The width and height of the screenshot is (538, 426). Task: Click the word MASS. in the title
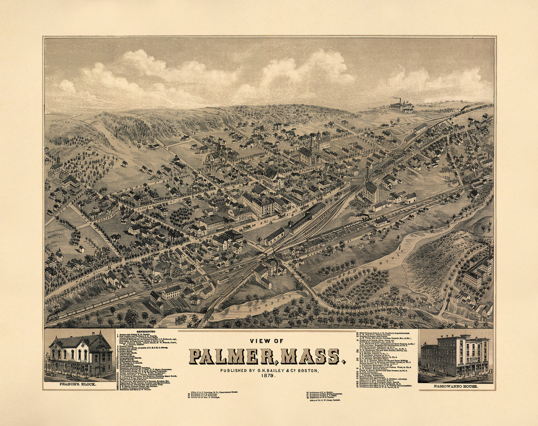[313, 356]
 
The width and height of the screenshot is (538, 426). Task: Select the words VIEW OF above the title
[267, 341]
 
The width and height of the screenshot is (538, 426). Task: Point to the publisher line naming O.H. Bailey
[267, 370]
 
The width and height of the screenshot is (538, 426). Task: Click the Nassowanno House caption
[456, 386]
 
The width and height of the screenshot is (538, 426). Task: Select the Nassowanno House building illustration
[455, 355]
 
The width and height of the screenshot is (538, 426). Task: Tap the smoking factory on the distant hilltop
[402, 106]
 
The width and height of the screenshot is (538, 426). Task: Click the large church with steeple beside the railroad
[371, 191]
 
